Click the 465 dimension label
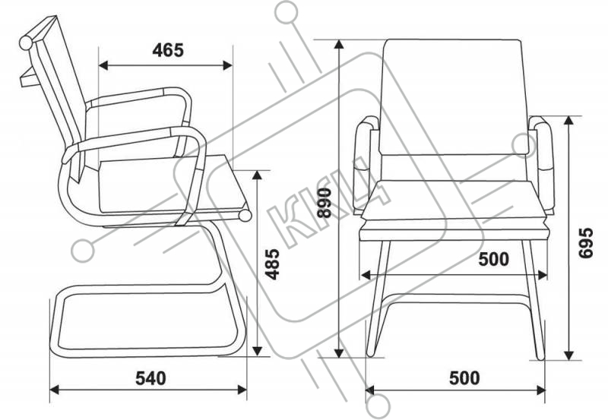[168, 51]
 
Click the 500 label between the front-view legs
[494, 260]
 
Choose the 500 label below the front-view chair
[464, 377]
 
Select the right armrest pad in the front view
[546, 152]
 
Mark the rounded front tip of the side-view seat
[245, 216]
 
